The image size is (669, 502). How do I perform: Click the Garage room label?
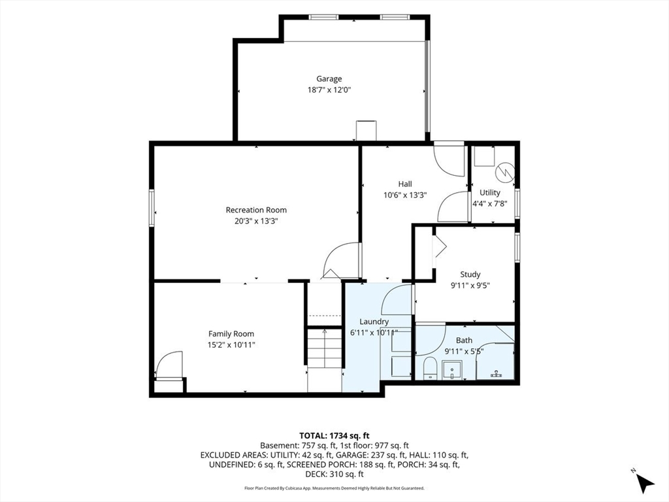point(329,79)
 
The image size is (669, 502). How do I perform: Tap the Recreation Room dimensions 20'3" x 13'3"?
point(256,221)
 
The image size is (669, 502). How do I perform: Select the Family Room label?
point(231,334)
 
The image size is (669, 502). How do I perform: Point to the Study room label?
point(470,275)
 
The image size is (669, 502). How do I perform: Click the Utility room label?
point(490,193)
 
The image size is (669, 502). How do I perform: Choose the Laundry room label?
point(374,322)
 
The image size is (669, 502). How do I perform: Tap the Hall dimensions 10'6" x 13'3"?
point(405,195)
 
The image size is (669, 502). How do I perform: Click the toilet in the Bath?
point(430,369)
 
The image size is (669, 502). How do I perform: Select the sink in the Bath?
point(452,370)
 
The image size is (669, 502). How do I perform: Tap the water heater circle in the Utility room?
point(505,171)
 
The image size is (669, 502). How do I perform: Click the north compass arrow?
point(645,484)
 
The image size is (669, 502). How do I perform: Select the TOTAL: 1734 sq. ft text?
point(334,436)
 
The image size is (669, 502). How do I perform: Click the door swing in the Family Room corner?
point(169,364)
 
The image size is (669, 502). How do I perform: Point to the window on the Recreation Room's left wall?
point(152,208)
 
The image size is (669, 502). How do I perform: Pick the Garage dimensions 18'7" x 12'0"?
point(329,90)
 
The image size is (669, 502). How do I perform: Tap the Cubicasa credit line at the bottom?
point(334,488)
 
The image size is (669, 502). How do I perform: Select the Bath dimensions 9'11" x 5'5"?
point(465,351)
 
